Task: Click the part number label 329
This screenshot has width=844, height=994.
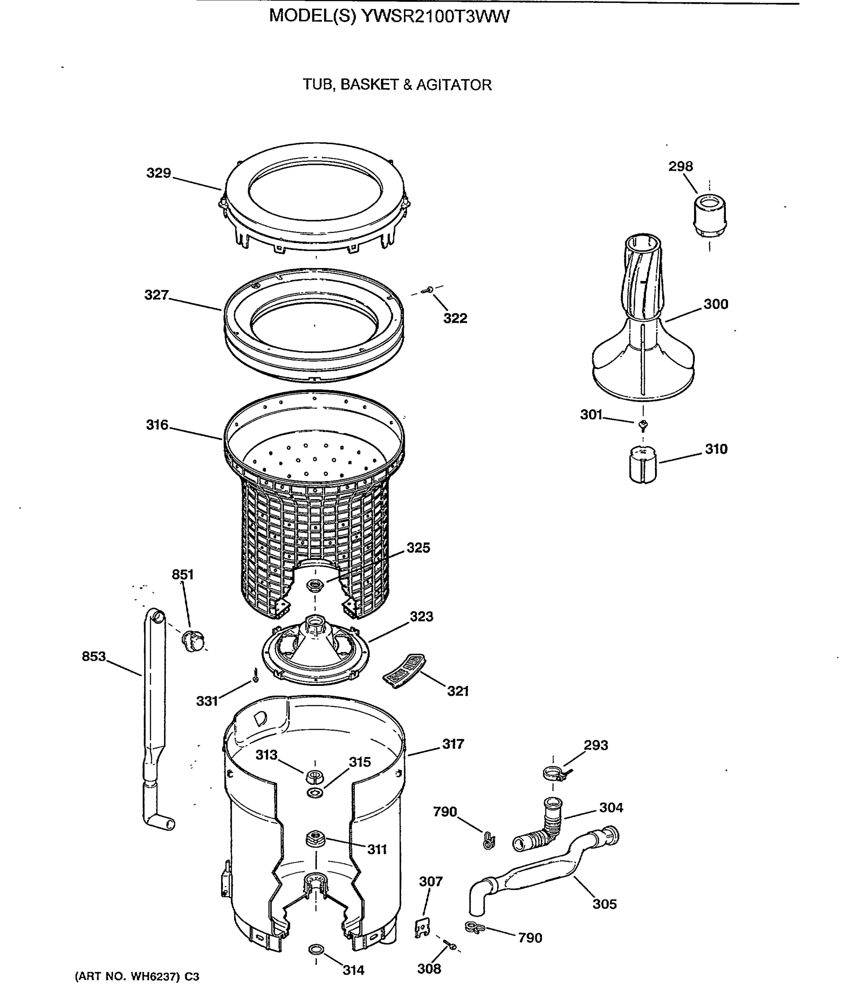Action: tap(158, 173)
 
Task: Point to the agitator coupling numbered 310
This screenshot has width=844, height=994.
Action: tap(643, 464)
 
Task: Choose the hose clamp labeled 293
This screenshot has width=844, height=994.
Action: tap(554, 772)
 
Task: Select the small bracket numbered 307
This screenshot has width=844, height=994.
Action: tap(421, 929)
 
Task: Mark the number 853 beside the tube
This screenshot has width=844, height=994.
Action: tap(94, 656)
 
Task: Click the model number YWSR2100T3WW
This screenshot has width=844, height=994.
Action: tap(435, 16)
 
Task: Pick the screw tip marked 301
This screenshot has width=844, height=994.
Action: tap(643, 424)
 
